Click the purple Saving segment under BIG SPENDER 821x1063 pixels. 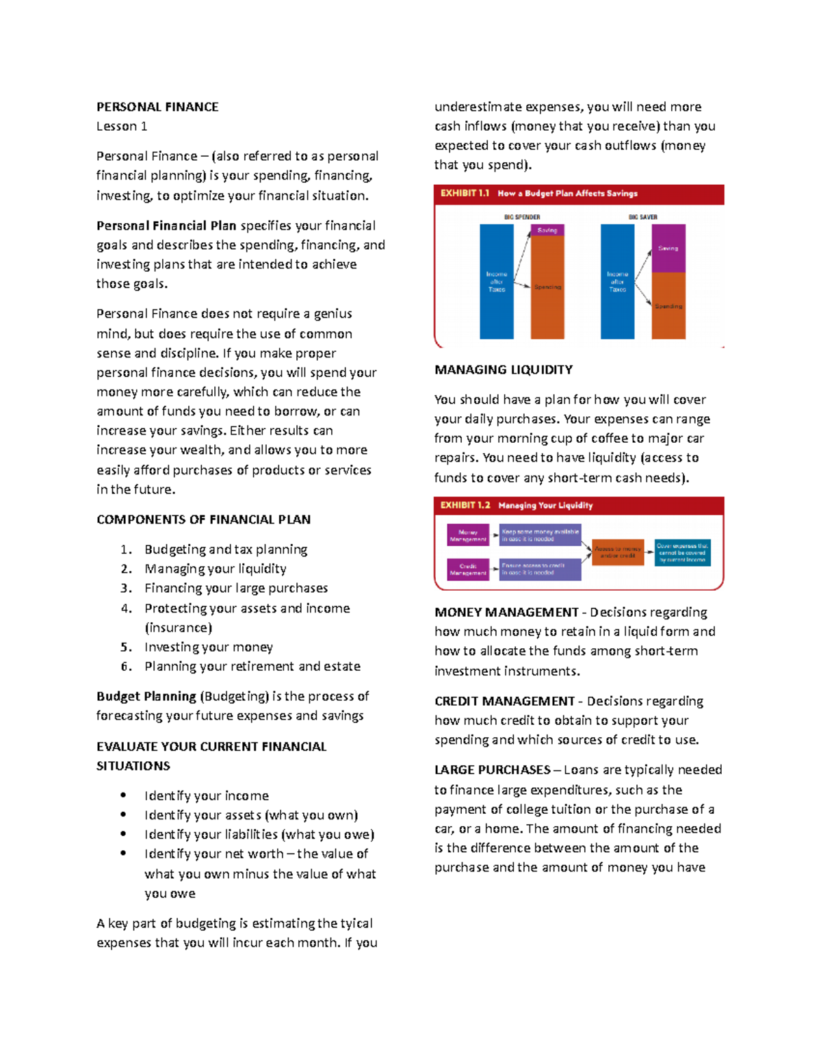click(547, 231)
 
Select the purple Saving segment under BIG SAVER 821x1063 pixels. click(668, 248)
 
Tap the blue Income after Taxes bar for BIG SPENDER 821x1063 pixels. click(497, 281)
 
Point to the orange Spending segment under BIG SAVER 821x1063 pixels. click(668, 305)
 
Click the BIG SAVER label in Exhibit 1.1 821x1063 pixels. click(642, 217)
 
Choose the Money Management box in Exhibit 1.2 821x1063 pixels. click(468, 535)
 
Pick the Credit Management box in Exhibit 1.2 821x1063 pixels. click(468, 569)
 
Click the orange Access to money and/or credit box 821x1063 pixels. click(618, 552)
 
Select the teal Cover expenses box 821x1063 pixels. click(682, 552)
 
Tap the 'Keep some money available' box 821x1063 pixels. click(540, 535)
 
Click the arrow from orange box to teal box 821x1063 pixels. click(649, 552)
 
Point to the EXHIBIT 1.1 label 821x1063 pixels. click(465, 194)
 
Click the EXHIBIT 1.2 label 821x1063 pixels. click(465, 505)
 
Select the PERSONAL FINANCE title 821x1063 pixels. click(157, 107)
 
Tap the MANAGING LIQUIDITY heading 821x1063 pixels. click(504, 370)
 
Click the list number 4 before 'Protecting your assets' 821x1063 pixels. click(126, 609)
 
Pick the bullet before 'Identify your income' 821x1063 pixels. click(123, 795)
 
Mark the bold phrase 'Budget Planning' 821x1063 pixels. click(146, 696)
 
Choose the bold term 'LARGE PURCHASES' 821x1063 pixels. click(493, 770)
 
